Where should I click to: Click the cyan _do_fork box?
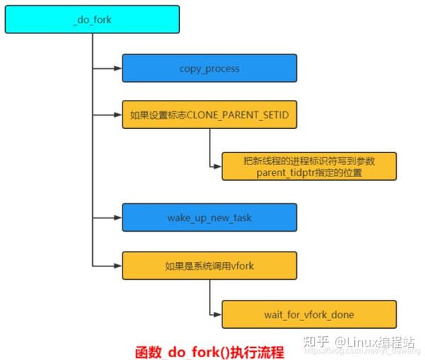[92, 20]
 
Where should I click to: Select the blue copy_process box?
[209, 69]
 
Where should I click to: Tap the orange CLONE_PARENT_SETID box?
[209, 114]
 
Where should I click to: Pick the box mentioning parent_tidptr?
[309, 167]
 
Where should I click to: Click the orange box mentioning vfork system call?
[209, 266]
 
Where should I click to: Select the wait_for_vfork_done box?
[309, 314]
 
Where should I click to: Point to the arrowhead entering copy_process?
[118, 69]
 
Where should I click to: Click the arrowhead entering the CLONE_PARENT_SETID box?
[118, 114]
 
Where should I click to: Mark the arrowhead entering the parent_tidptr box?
[217, 167]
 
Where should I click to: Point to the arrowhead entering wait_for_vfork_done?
[217, 314]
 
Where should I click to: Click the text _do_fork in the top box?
[92, 20]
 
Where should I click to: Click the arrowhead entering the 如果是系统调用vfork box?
[118, 266]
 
